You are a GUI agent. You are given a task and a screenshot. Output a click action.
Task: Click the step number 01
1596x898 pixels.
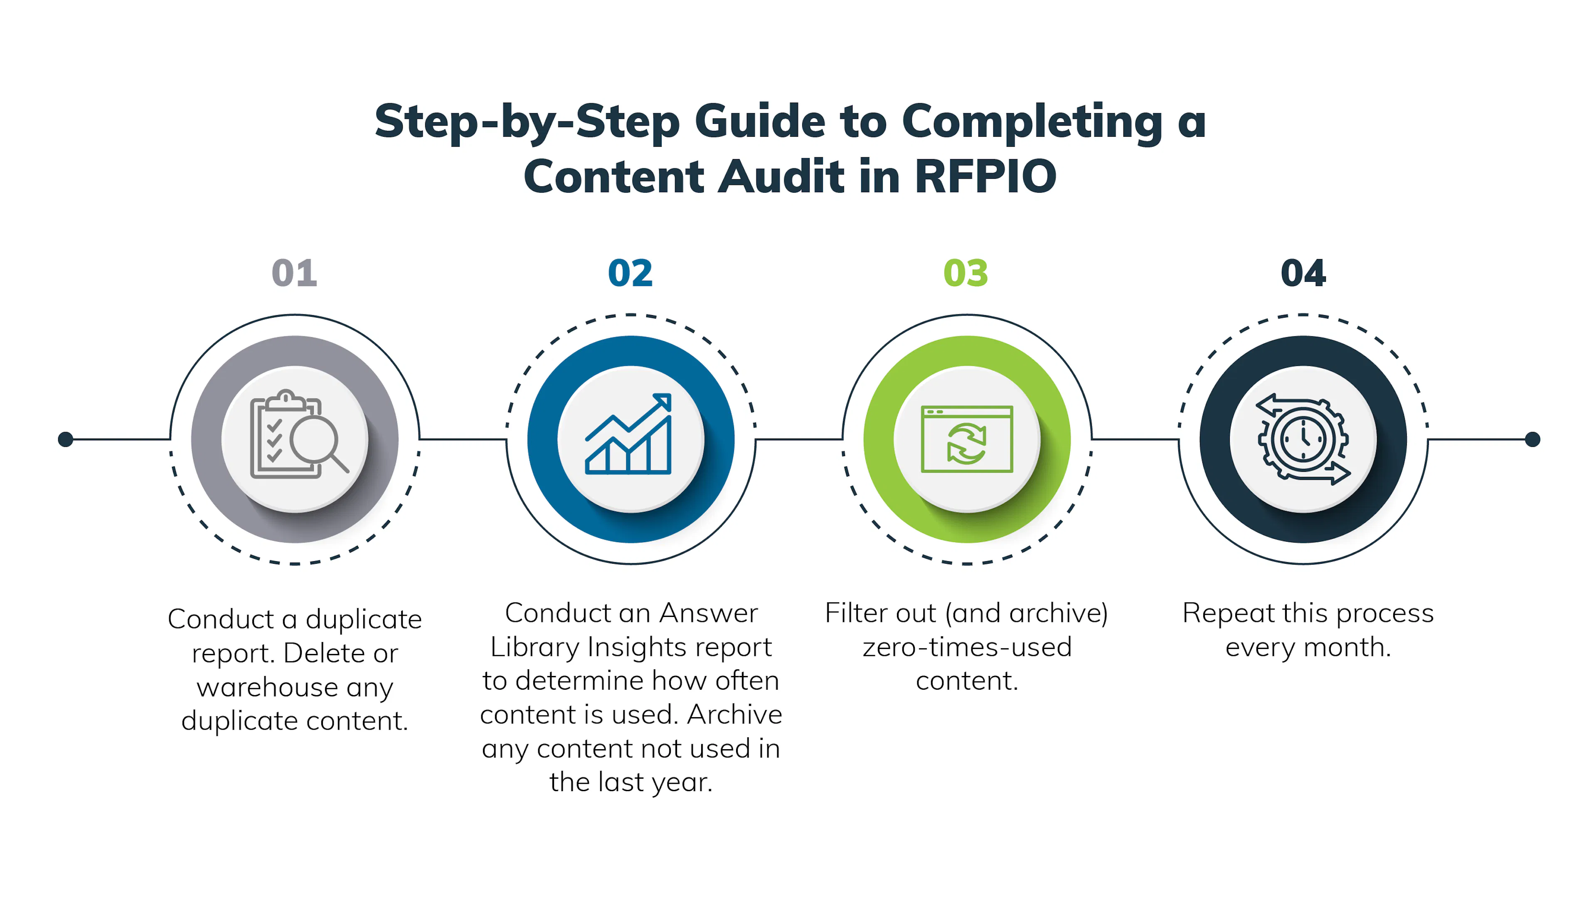pyautogui.click(x=294, y=273)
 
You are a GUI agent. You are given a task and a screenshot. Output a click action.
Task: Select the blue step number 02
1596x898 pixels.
pyautogui.click(x=630, y=273)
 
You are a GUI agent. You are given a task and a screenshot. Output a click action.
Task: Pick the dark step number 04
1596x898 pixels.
pyautogui.click(x=1303, y=273)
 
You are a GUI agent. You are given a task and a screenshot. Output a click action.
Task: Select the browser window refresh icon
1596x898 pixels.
pyautogui.click(x=966, y=439)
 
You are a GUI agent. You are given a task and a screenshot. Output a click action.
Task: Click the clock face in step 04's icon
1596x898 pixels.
pyautogui.click(x=1303, y=439)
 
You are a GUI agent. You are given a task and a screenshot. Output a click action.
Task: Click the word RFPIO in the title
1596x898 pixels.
pyautogui.click(x=985, y=177)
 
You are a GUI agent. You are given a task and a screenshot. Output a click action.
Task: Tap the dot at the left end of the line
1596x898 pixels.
pyautogui.click(x=66, y=439)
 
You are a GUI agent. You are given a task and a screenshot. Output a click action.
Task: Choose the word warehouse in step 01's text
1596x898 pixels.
pyautogui.click(x=268, y=687)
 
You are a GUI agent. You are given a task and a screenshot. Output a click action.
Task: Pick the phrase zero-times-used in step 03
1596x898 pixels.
pyautogui.click(x=966, y=647)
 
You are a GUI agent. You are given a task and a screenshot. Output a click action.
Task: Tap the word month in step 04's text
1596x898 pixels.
pyautogui.click(x=1347, y=647)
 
